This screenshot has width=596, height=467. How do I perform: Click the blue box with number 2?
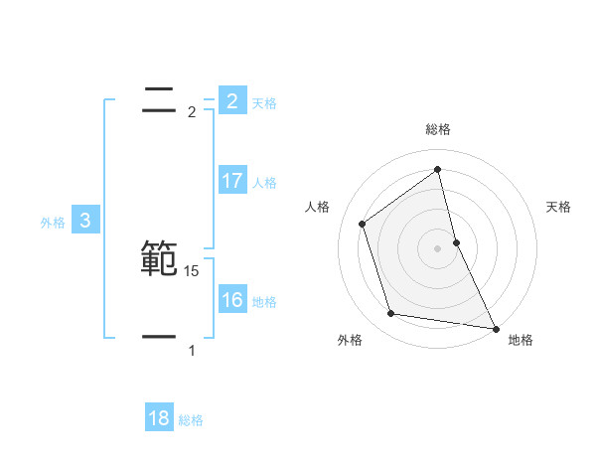click(231, 100)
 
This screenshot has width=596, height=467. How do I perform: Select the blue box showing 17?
click(231, 181)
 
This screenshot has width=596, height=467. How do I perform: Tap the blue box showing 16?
click(231, 300)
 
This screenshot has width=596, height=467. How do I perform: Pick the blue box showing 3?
click(85, 221)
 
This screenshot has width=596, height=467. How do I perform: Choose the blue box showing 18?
click(159, 418)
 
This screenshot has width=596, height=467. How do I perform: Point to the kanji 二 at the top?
click(159, 98)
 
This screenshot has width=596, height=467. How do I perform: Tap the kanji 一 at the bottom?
click(159, 338)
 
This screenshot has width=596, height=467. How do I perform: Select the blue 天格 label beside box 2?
click(264, 102)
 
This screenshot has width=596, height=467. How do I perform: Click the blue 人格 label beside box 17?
click(264, 183)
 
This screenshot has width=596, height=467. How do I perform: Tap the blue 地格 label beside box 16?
click(264, 302)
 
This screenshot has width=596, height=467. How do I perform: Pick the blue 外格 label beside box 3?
click(53, 223)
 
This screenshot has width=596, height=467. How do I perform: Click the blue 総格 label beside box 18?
click(191, 420)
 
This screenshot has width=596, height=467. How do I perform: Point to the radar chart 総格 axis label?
click(438, 130)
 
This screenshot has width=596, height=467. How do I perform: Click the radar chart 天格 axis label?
click(559, 207)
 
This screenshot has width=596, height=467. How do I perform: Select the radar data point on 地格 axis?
click(494, 327)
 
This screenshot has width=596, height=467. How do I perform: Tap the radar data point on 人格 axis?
click(363, 224)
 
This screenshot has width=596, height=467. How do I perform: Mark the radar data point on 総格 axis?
click(438, 169)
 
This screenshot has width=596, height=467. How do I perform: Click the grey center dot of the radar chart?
click(438, 248)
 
